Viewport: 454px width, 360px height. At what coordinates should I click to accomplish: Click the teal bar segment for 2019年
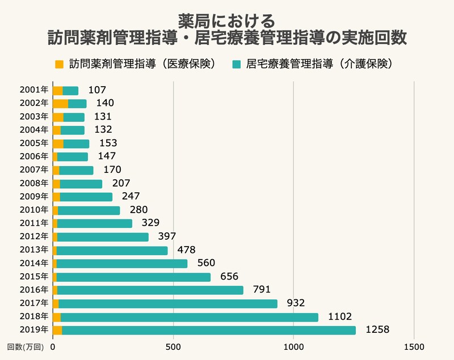pos(209,331)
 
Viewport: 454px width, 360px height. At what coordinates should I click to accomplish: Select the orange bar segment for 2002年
pos(60,103)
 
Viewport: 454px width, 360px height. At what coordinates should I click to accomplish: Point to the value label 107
pos(97,90)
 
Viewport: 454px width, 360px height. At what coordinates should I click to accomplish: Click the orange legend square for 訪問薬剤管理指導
pos(58,64)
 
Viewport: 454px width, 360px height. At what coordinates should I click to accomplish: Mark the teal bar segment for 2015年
pos(133,277)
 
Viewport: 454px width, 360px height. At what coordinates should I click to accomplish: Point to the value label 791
pos(262,290)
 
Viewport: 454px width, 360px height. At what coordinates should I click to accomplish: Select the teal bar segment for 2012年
pos(103,237)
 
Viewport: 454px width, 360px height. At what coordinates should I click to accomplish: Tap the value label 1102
pos(339,317)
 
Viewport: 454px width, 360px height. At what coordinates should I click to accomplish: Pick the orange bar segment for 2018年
pos(56,317)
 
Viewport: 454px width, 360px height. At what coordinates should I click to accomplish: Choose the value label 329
pos(150,223)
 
